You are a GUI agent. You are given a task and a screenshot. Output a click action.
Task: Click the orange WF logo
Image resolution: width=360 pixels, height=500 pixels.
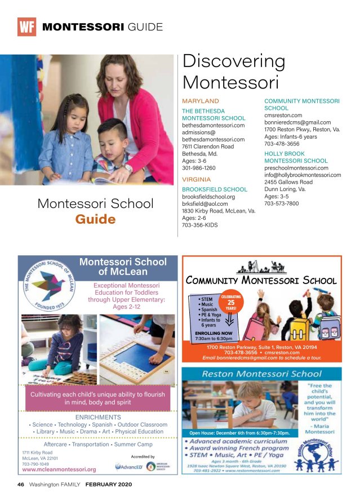click(x=26, y=27)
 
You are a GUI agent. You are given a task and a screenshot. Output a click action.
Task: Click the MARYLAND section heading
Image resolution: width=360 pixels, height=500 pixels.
click(x=201, y=101)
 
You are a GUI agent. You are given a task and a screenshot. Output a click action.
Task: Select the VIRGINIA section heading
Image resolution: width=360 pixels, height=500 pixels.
click(x=197, y=179)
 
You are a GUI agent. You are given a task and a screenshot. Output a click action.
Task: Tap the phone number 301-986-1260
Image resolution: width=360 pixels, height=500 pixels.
click(x=198, y=168)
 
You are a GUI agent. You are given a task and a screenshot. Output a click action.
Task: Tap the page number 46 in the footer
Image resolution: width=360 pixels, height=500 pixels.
click(x=20, y=484)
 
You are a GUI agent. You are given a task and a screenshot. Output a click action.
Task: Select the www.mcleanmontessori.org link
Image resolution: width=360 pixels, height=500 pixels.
click(x=59, y=469)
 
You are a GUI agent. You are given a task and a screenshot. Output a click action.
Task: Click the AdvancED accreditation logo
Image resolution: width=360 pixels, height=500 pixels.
click(x=126, y=467)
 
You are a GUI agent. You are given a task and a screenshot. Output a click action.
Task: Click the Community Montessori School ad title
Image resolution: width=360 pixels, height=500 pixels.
click(x=261, y=280)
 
